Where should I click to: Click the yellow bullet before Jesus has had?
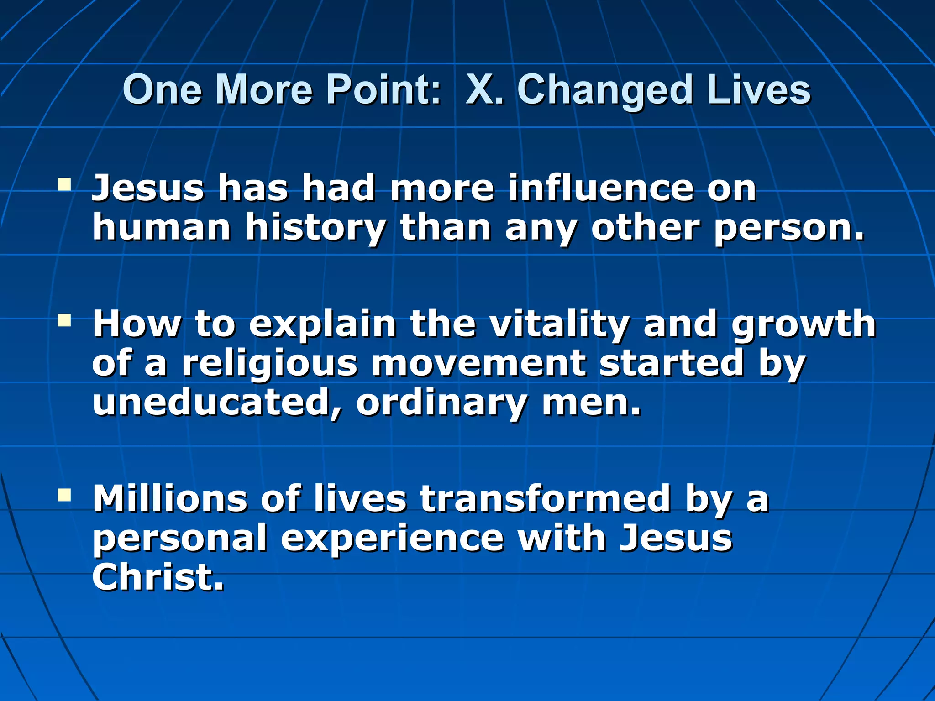[64, 185]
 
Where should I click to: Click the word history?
[315, 228]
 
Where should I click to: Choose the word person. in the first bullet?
[789, 228]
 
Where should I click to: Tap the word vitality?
[559, 324]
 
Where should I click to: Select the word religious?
[269, 364]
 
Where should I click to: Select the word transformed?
[546, 498]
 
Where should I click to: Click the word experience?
[392, 539]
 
